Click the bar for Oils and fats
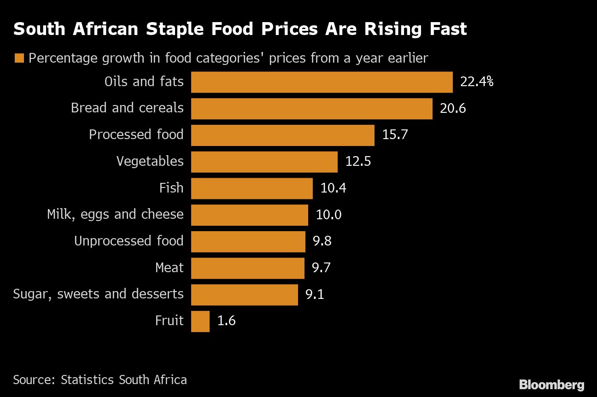[x=322, y=82]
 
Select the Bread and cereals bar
[x=311, y=109]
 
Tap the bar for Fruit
[x=200, y=321]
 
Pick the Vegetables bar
[x=264, y=162]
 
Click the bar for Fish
[x=252, y=188]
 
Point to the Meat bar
[x=247, y=268]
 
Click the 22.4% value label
[x=476, y=82]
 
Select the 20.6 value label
[x=453, y=109]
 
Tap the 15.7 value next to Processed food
[x=395, y=135]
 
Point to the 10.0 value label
[x=328, y=215]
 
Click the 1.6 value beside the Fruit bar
[x=226, y=321]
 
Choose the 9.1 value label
[x=315, y=294]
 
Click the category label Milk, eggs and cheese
[x=115, y=214]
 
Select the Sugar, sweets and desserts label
[x=98, y=294]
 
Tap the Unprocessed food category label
[x=129, y=241]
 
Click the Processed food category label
[x=136, y=134]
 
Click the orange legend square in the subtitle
[x=19, y=58]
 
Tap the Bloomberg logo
[x=551, y=385]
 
